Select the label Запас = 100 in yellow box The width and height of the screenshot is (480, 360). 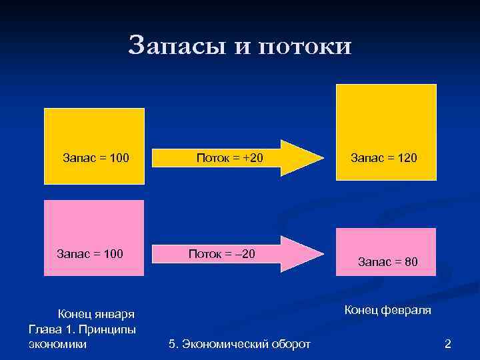coord(95,158)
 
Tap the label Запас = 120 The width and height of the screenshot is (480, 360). coord(383,158)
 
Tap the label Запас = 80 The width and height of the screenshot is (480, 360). coord(388,262)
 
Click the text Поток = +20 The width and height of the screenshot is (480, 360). coord(230,158)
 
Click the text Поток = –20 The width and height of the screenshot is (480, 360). coord(222,253)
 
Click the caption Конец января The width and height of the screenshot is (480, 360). coord(97,314)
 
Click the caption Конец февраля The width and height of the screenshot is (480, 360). coord(387,310)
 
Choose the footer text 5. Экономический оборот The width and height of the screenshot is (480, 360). coord(240,344)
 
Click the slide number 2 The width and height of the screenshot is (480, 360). coord(448,344)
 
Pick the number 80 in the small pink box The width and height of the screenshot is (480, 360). coord(411,262)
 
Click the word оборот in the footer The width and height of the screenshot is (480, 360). coord(291,344)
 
